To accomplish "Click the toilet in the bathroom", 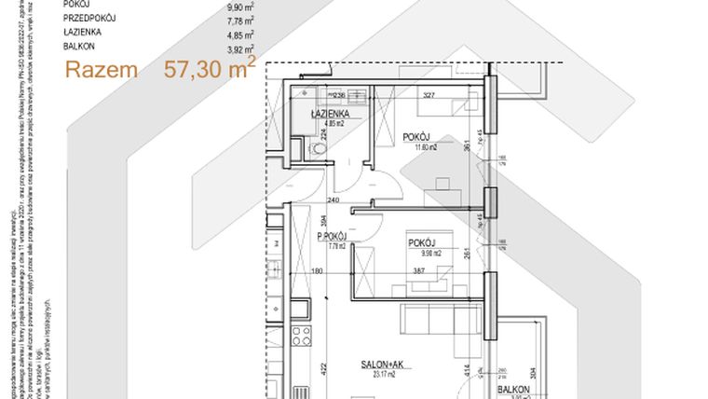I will (x=320, y=149).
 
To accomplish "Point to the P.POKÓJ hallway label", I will (x=333, y=238).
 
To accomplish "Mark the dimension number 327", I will (x=429, y=94).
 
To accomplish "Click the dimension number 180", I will (x=317, y=271).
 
